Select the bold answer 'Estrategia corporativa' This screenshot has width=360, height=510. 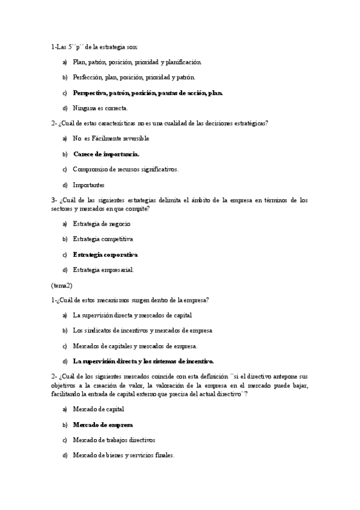[105, 254]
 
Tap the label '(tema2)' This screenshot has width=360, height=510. [62, 285]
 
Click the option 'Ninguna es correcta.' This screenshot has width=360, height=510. [100, 108]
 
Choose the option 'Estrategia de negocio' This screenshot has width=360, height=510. [102, 224]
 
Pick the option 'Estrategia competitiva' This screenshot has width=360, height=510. [103, 239]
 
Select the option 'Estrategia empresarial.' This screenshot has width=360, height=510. [103, 270]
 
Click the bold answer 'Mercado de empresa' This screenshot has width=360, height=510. [103, 425]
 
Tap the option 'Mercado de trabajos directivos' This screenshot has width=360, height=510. [114, 440]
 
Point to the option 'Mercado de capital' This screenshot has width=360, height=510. [99, 409]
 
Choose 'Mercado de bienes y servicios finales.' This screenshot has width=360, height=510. [123, 455]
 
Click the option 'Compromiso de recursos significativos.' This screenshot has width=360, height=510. [126, 170]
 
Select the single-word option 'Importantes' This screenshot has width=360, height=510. [88, 185]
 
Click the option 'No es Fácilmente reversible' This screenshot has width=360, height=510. [111, 138]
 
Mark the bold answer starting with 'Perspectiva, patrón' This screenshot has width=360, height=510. [148, 93]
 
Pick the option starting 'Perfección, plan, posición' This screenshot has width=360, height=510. [133, 78]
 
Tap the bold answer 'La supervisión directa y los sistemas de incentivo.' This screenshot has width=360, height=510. [143, 361]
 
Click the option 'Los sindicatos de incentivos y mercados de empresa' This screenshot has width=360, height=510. [142, 330]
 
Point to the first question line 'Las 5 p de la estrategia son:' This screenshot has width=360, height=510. [94, 46]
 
